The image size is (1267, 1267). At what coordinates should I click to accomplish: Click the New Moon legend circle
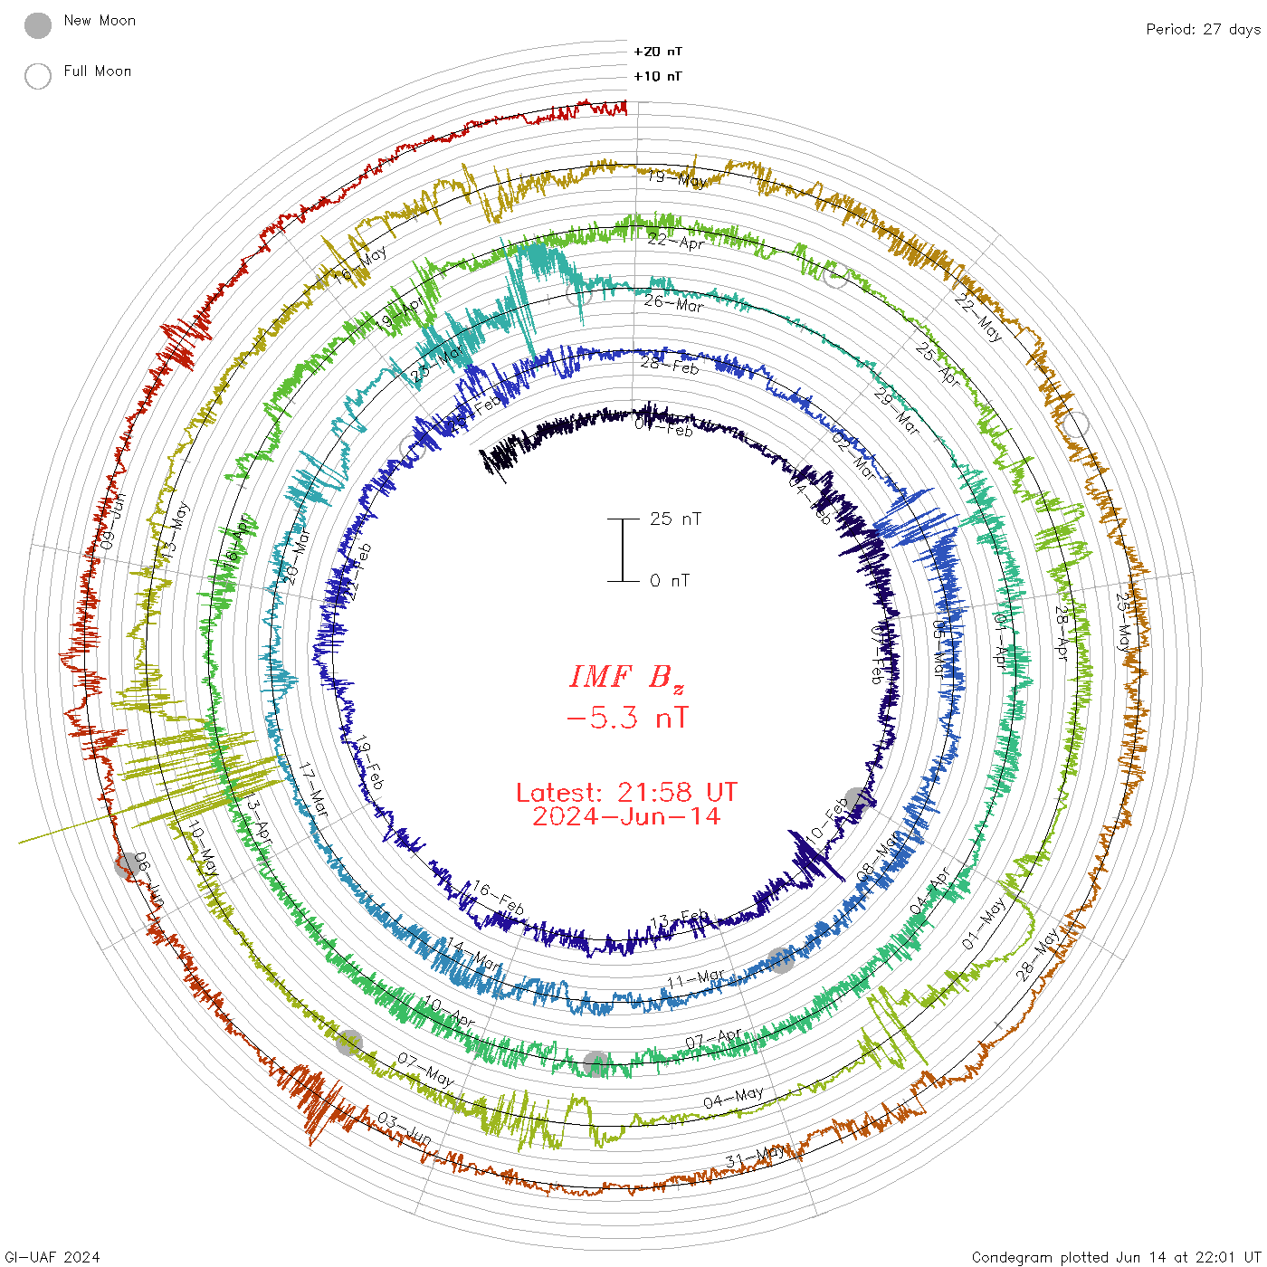(x=38, y=25)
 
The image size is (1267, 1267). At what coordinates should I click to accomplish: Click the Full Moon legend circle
(x=38, y=76)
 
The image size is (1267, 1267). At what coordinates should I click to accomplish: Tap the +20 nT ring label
(x=658, y=52)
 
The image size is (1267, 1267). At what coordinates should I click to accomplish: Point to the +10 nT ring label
(x=658, y=76)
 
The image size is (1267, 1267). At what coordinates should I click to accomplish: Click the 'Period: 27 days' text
(x=1203, y=29)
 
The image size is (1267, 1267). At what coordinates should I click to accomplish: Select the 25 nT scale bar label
(x=675, y=519)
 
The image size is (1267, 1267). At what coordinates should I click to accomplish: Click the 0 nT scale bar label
(x=670, y=580)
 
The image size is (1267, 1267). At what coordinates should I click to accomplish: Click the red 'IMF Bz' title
(x=627, y=677)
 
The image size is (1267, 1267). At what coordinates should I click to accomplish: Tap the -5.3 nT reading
(x=627, y=719)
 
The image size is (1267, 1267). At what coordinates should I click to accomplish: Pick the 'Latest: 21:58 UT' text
(x=627, y=793)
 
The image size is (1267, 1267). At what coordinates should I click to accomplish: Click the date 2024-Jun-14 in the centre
(x=627, y=816)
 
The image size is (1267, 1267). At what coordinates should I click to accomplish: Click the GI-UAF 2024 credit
(x=52, y=1257)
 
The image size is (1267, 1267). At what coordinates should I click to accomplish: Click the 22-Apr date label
(x=676, y=242)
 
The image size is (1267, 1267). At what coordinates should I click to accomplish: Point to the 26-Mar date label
(x=673, y=303)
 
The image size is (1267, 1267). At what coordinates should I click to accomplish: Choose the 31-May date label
(x=757, y=1157)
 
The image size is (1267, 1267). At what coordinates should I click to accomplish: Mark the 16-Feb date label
(x=498, y=899)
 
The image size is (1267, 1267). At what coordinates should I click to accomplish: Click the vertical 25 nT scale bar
(x=623, y=549)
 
